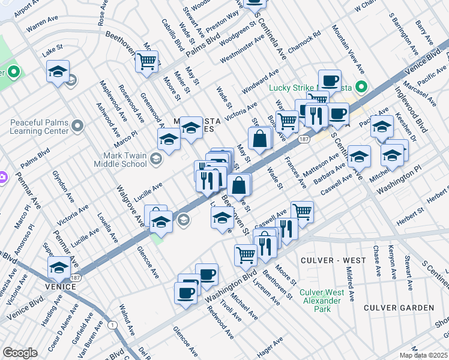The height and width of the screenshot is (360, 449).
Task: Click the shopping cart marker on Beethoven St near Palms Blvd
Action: point(146,61)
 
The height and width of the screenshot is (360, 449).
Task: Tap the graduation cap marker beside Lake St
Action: point(58,71)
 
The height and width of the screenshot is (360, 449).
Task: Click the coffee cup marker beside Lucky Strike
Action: point(329,80)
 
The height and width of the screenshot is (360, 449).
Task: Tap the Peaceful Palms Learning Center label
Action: point(40,126)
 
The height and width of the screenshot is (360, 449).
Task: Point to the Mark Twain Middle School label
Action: point(121,159)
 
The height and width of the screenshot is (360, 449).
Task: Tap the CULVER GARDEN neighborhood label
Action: point(399,308)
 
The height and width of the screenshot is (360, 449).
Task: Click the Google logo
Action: point(20,353)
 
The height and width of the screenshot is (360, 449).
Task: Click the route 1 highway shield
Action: point(112,325)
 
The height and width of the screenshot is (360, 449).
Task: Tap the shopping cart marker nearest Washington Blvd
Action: point(246,254)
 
